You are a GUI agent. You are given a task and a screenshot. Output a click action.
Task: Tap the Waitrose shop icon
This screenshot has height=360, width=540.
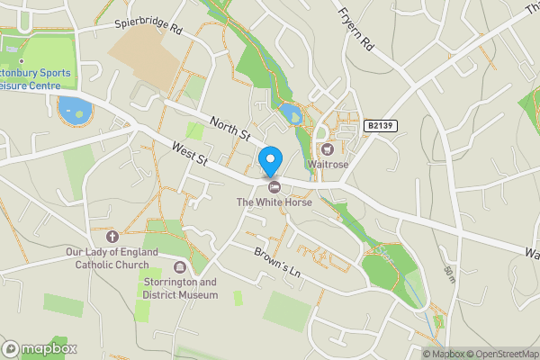click(x=328, y=149)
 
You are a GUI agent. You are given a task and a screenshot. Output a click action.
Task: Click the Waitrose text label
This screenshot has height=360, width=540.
click(x=328, y=165)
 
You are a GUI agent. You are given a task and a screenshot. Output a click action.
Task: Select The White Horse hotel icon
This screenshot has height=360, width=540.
click(x=274, y=186)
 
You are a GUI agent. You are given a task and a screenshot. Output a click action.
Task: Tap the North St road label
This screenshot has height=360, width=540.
click(x=229, y=129)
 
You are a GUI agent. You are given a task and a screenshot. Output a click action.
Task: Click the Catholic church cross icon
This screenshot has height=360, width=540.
click(x=112, y=236)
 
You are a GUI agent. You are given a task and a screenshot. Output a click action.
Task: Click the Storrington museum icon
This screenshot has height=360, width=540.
click(x=180, y=266)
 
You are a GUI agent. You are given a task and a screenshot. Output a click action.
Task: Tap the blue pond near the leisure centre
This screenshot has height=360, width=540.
click(x=74, y=112)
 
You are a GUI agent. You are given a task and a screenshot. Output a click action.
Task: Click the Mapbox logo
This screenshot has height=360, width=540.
click(x=40, y=348)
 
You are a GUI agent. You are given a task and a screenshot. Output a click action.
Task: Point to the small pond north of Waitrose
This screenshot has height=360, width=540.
click(x=289, y=113)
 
